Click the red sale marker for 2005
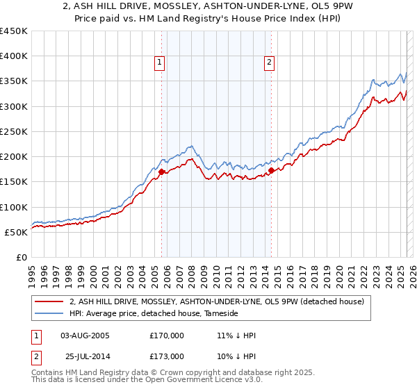161,172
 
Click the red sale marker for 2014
271,170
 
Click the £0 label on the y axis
21,257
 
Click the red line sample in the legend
49,301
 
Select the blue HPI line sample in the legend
49,314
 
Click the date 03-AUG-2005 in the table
85,336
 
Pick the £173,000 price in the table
167,356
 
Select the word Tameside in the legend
220,314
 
